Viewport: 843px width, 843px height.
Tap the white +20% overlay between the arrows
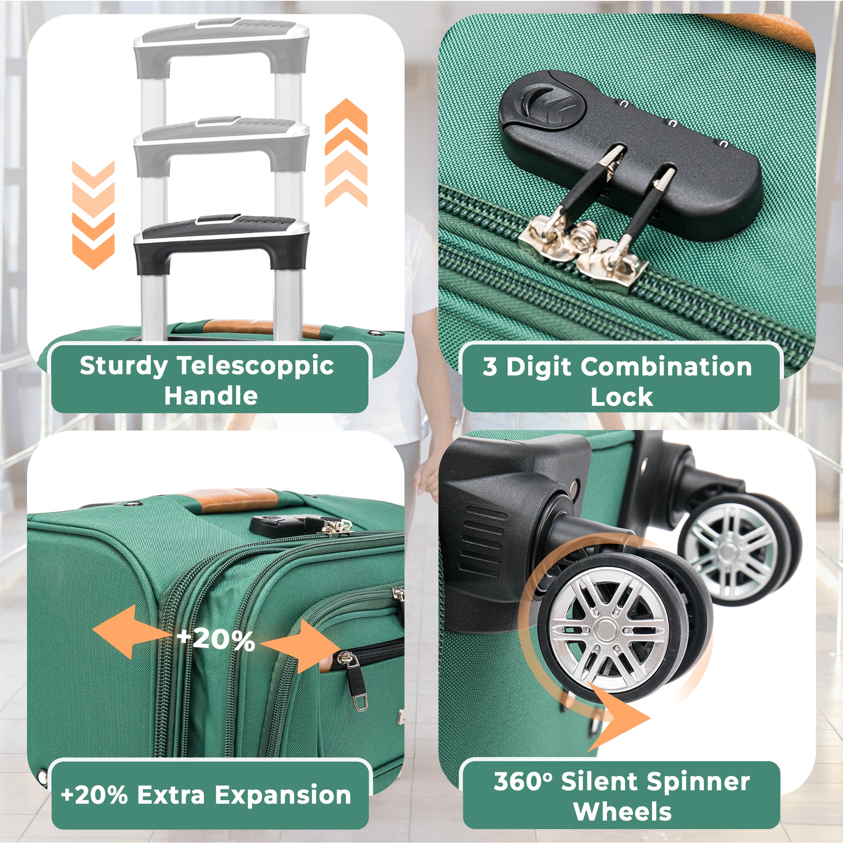tap(216, 640)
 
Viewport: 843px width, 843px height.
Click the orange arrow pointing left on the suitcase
tap(131, 631)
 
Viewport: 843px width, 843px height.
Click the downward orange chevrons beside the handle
tap(94, 215)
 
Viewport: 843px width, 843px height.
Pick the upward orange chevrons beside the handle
tap(346, 153)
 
